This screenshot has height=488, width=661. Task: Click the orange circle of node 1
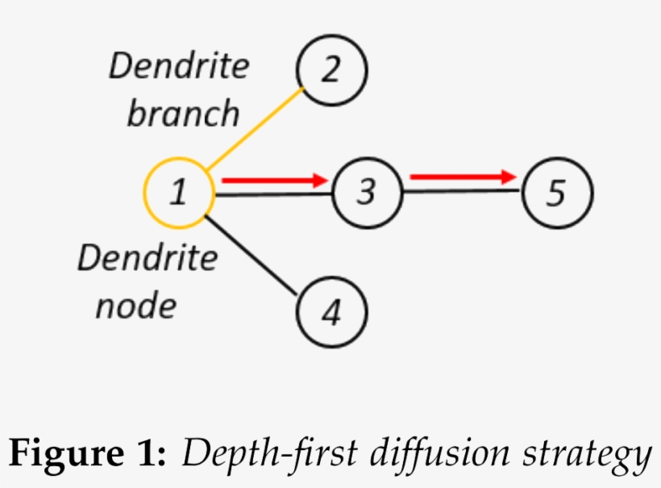[178, 193]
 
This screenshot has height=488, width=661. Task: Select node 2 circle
[332, 70]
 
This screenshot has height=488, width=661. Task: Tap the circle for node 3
[367, 193]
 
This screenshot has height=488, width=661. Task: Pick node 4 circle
[332, 311]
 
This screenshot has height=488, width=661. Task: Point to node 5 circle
[556, 194]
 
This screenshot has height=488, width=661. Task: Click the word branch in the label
[183, 114]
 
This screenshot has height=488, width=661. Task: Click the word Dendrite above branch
[179, 66]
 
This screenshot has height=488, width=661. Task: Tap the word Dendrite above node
[148, 259]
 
